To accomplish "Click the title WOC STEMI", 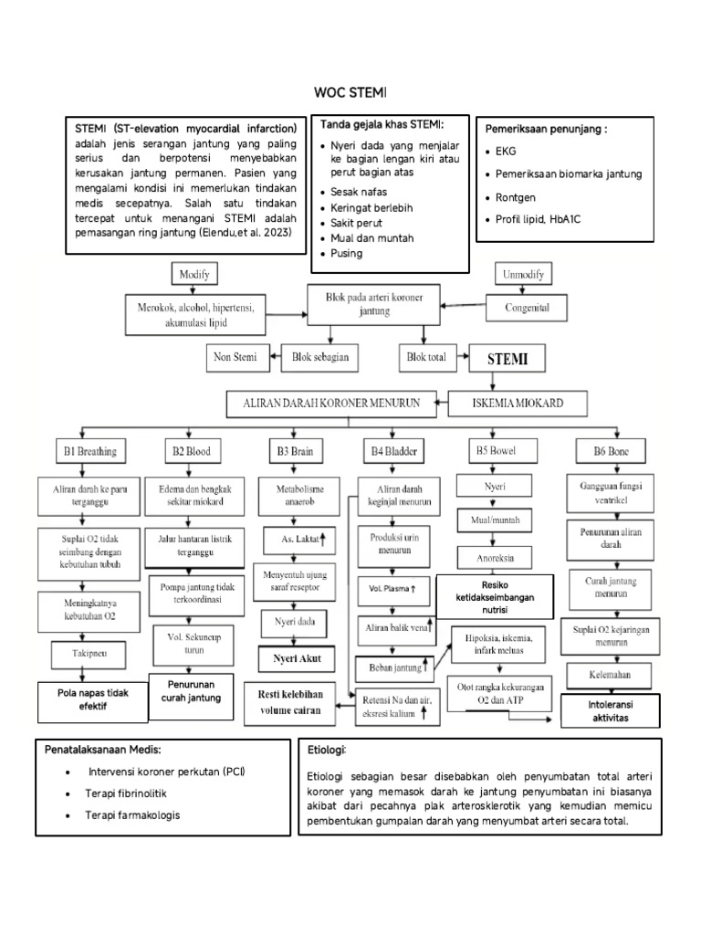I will pos(350,92).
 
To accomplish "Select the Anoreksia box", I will pos(497,557).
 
